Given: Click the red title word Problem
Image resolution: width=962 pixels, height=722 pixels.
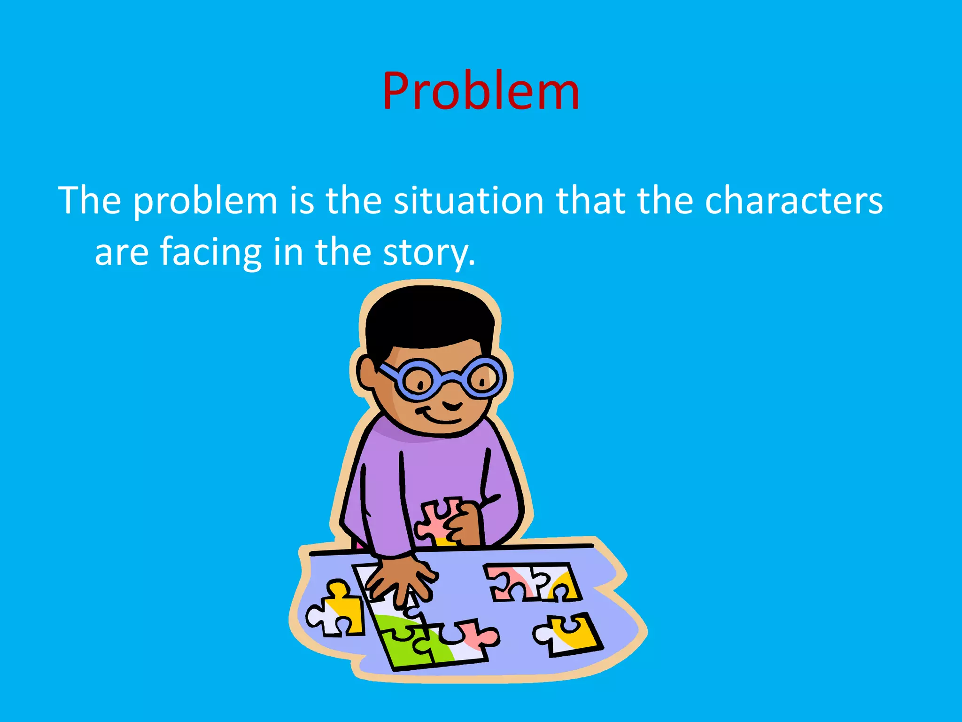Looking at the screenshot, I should [x=481, y=91].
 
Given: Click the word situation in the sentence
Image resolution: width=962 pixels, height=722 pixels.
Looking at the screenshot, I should [x=468, y=201].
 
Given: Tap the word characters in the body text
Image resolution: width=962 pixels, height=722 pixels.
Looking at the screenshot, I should [x=793, y=201].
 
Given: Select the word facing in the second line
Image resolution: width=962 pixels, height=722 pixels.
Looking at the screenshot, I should [x=210, y=253].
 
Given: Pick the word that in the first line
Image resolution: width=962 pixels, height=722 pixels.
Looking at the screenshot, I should [x=590, y=201].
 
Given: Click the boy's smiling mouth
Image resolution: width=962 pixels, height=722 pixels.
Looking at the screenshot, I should [x=439, y=416].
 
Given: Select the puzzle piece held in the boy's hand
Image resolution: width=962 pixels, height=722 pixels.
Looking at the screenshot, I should [x=434, y=519].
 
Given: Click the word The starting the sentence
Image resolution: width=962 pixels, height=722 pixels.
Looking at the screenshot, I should [x=89, y=201].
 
